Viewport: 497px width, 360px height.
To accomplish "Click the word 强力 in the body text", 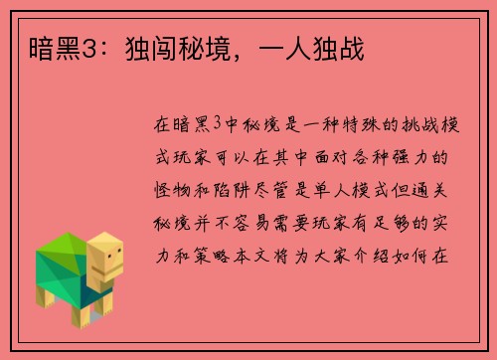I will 399,158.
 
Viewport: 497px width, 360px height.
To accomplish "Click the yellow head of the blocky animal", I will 107,256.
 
